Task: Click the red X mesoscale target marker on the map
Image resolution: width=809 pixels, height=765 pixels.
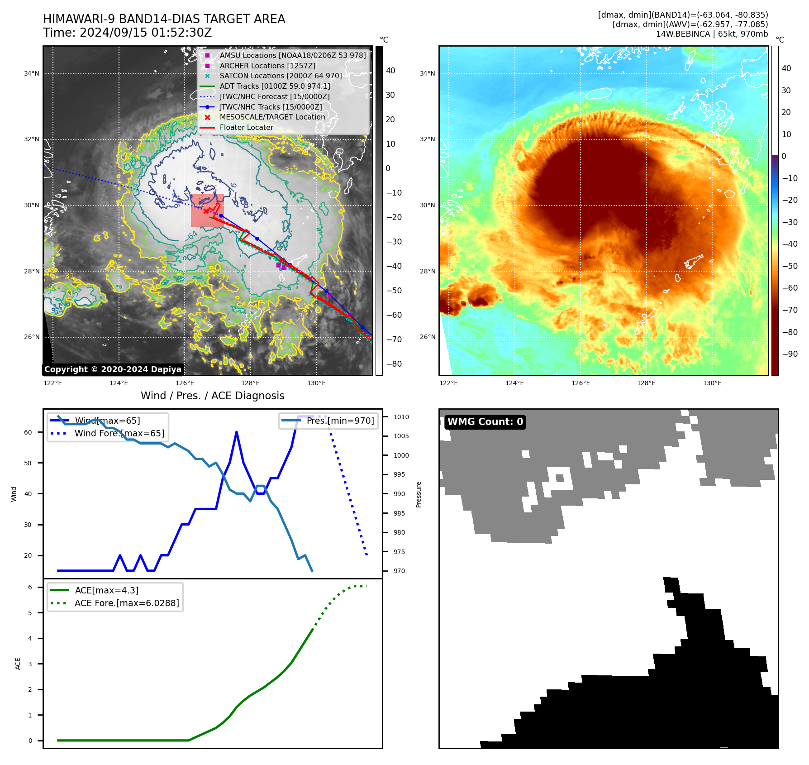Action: [x=206, y=211]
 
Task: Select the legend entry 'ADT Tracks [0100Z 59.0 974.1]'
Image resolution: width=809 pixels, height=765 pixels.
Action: [x=275, y=86]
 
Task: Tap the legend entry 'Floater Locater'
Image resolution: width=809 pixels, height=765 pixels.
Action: [x=246, y=127]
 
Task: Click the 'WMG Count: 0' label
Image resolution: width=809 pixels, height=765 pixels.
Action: [x=485, y=422]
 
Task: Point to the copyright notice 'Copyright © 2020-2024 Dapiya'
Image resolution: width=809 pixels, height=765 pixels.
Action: [x=113, y=369]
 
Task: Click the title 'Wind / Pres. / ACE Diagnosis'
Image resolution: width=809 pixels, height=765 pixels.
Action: [x=212, y=396]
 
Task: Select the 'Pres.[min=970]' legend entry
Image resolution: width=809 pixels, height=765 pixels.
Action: [x=340, y=421]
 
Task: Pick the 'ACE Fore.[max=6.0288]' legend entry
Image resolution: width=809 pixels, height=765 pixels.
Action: [x=127, y=603]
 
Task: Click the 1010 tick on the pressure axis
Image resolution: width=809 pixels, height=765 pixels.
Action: [x=401, y=417]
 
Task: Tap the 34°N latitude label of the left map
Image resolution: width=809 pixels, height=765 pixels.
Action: [x=32, y=73]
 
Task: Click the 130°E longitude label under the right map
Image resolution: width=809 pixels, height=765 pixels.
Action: [x=712, y=383]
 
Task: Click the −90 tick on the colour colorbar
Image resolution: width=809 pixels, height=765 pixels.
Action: [x=790, y=354]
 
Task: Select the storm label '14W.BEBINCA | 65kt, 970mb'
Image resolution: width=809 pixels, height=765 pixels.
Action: [x=712, y=34]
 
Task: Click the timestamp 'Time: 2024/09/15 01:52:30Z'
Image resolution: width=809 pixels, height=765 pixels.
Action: [x=127, y=33]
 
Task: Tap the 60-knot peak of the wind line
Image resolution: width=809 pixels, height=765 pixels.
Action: [x=237, y=432]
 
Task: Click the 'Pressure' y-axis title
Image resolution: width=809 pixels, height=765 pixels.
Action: [x=419, y=494]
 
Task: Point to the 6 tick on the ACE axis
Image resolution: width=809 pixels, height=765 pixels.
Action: [x=30, y=587]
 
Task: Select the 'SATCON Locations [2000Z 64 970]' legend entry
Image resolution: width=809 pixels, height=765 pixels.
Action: [x=281, y=76]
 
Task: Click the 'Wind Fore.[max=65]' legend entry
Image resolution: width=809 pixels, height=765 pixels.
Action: [x=119, y=433]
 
